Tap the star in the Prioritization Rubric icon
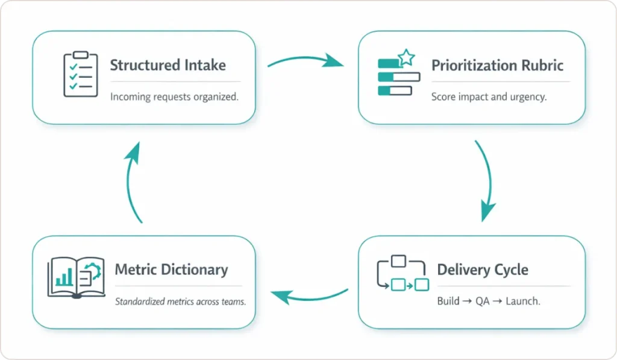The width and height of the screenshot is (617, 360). [x=407, y=58]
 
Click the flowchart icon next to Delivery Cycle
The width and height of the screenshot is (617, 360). [x=402, y=274]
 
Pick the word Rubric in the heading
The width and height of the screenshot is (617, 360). [x=541, y=65]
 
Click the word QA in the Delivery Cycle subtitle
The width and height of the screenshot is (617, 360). [x=482, y=301]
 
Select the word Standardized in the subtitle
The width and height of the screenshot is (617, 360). [x=142, y=302]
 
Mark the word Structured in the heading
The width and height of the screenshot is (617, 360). [x=143, y=65]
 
